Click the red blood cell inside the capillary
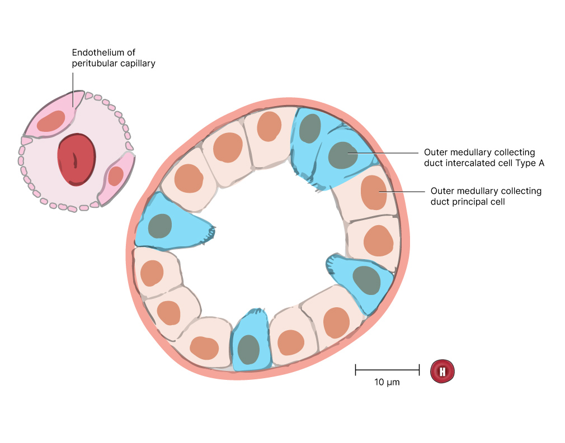click(x=77, y=159)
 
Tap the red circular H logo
click(x=442, y=371)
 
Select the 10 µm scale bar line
click(x=387, y=369)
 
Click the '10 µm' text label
click(x=387, y=383)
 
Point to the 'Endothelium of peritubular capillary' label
click(x=114, y=58)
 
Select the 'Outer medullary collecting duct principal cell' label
click(x=486, y=196)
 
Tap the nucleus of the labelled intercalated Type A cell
click(x=342, y=155)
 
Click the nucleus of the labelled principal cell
click(x=374, y=192)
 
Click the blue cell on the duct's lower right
click(x=361, y=282)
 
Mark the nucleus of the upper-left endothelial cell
click(x=51, y=121)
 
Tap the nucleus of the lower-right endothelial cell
click(x=116, y=176)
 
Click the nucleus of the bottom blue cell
click(x=249, y=350)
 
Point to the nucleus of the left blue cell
click(x=160, y=226)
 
